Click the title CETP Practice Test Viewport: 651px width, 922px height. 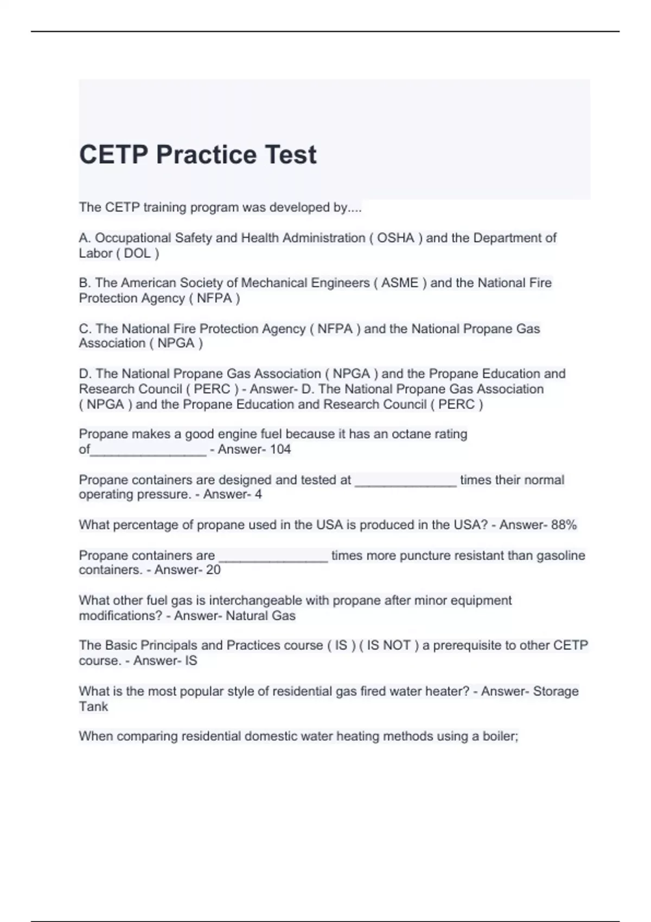point(197,155)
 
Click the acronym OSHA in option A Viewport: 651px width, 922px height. point(395,238)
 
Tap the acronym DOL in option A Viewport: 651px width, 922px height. point(137,253)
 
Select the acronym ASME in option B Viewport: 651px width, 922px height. point(400,283)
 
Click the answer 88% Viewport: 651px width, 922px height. point(564,525)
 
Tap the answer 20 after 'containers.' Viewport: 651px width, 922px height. point(213,570)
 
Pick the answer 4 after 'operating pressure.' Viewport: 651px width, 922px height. point(258,495)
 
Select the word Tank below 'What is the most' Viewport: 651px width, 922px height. point(93,707)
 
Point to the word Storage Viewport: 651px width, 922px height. point(556,691)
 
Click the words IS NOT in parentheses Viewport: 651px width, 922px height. point(388,645)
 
